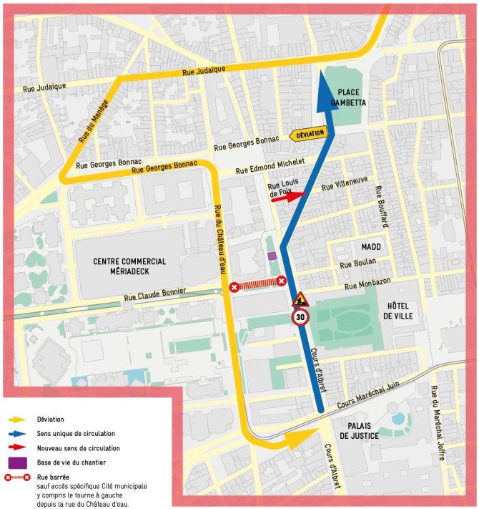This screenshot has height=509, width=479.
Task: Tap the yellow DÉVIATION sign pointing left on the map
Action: point(307,134)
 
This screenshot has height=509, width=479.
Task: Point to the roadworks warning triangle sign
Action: point(300,299)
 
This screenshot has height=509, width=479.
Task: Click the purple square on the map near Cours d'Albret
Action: point(271,256)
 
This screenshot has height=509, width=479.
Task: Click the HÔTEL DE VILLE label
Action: point(397,310)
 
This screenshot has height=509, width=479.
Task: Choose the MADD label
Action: point(371,247)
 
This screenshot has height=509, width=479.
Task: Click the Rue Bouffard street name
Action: point(381,208)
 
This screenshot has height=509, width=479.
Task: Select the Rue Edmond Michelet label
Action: point(270,166)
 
